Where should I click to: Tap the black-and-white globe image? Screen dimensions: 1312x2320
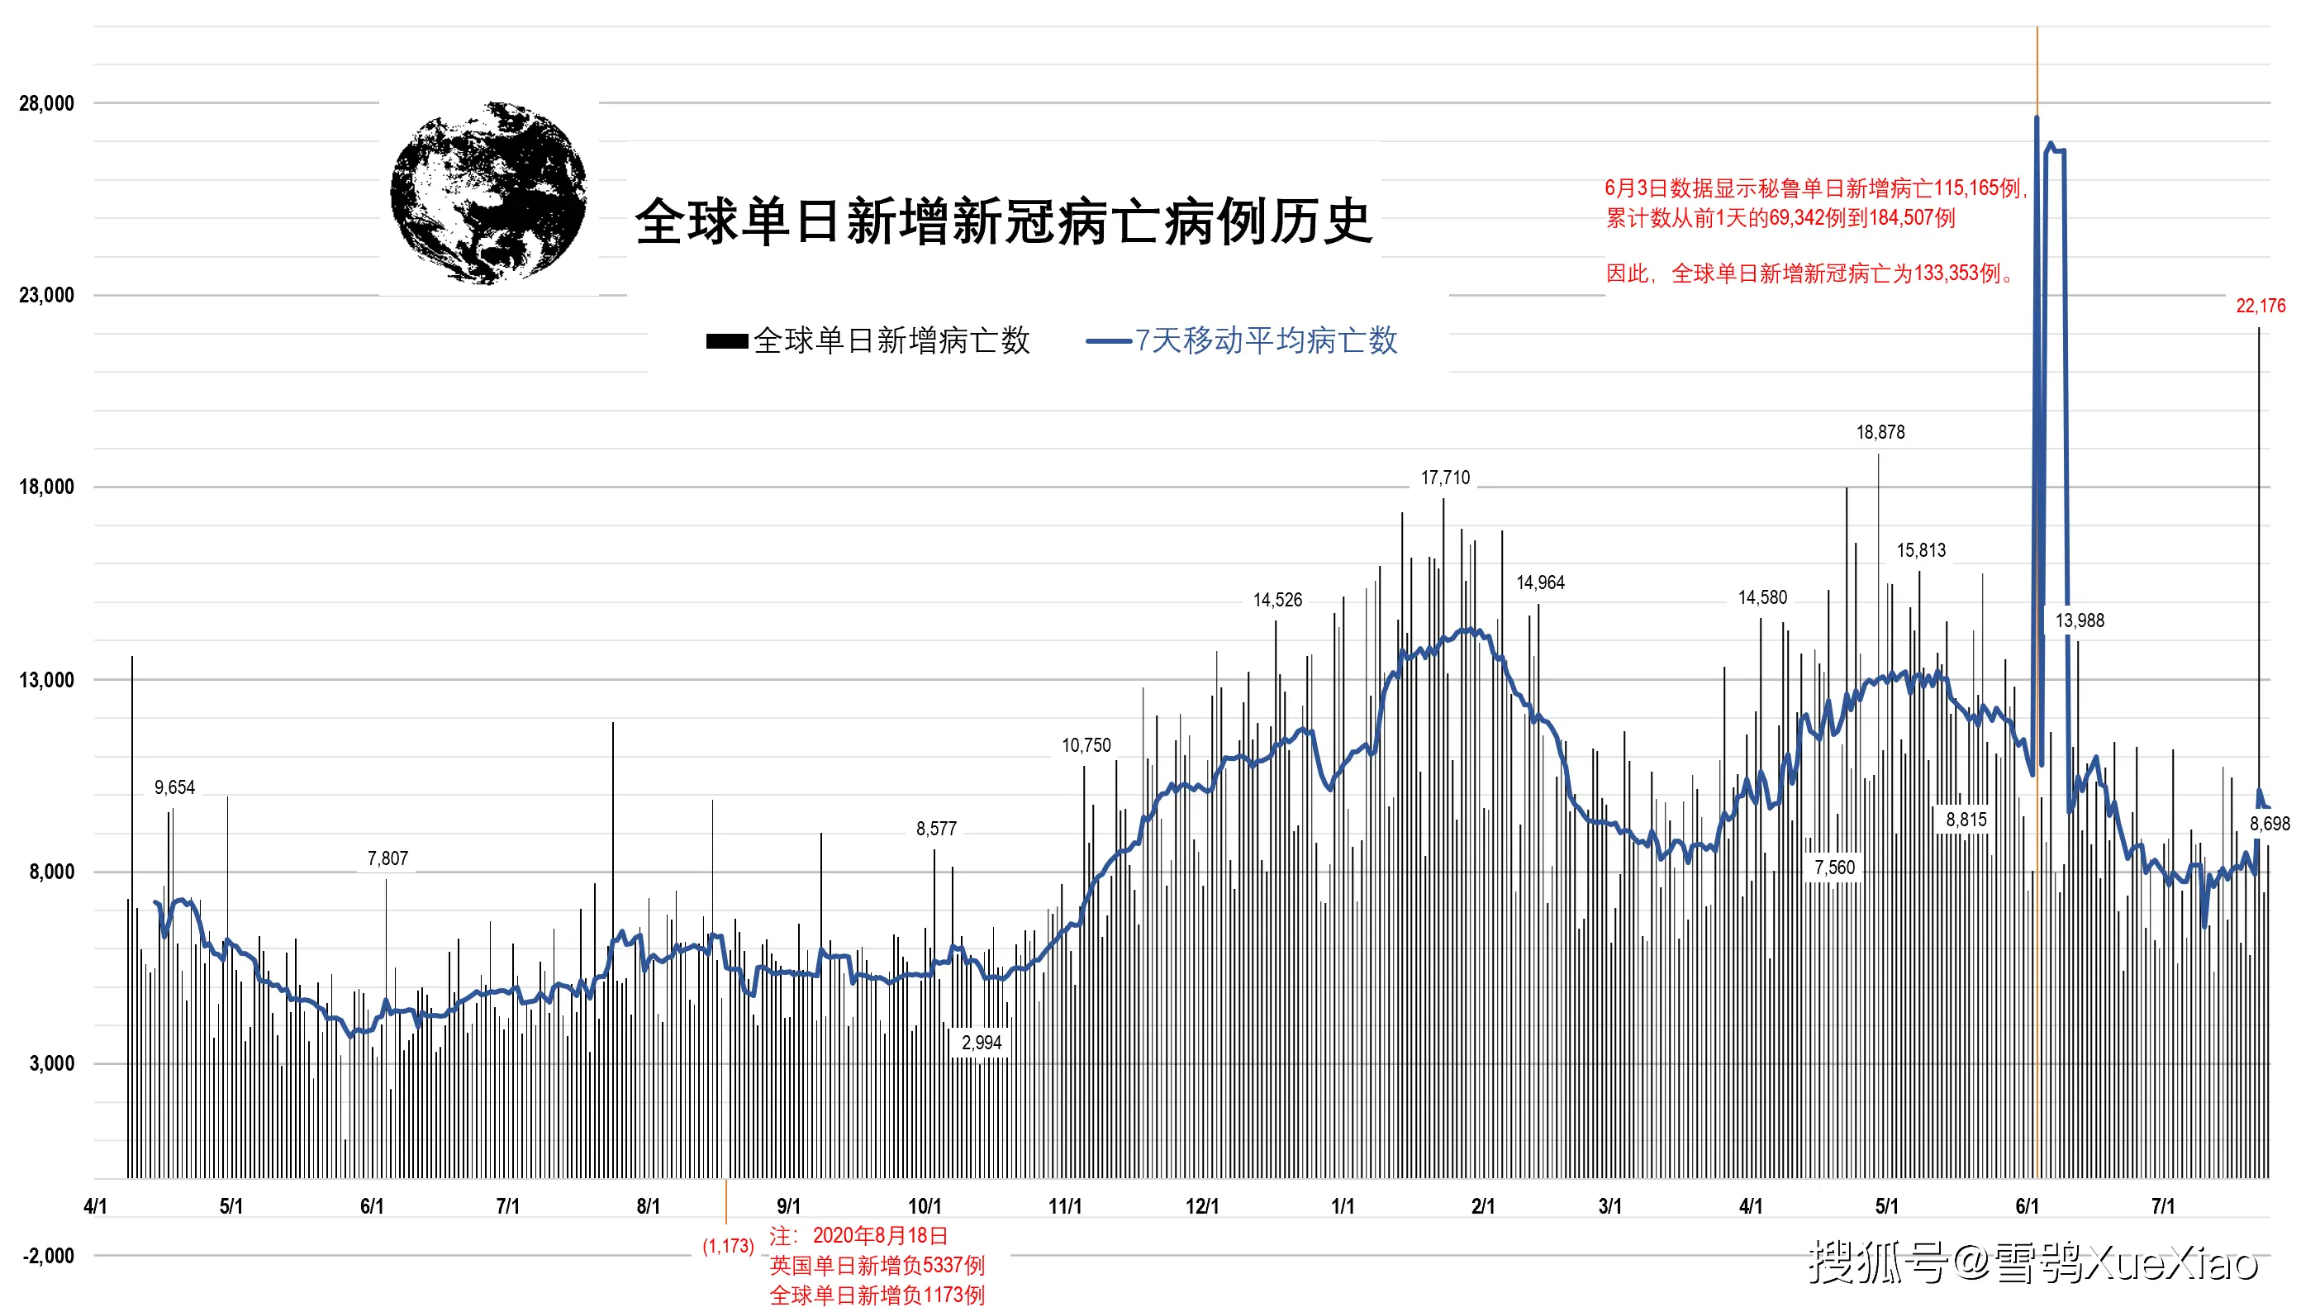pyautogui.click(x=488, y=193)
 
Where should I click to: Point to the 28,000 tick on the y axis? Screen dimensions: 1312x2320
pyautogui.click(x=47, y=103)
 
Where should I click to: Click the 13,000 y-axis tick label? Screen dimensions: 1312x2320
pyautogui.click(x=47, y=680)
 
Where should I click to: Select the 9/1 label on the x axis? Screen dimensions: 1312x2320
pyautogui.click(x=788, y=1206)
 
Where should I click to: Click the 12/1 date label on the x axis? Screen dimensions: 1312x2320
pyautogui.click(x=1202, y=1206)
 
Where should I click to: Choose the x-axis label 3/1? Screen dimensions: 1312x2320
pyautogui.click(x=1610, y=1206)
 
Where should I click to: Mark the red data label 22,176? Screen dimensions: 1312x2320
pyautogui.click(x=2261, y=307)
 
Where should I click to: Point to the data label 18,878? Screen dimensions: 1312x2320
pyautogui.click(x=1880, y=433)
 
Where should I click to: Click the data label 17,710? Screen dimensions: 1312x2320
pyautogui.click(x=1445, y=478)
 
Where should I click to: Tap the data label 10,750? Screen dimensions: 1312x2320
pyautogui.click(x=1086, y=745)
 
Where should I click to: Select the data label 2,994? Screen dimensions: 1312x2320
pyautogui.click(x=982, y=1043)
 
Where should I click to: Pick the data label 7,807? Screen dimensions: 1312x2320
pyautogui.click(x=387, y=858)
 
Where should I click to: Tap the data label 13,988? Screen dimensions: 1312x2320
pyautogui.click(x=2080, y=620)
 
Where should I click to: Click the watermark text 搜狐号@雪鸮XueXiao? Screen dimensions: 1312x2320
pyautogui.click(x=2033, y=1262)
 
